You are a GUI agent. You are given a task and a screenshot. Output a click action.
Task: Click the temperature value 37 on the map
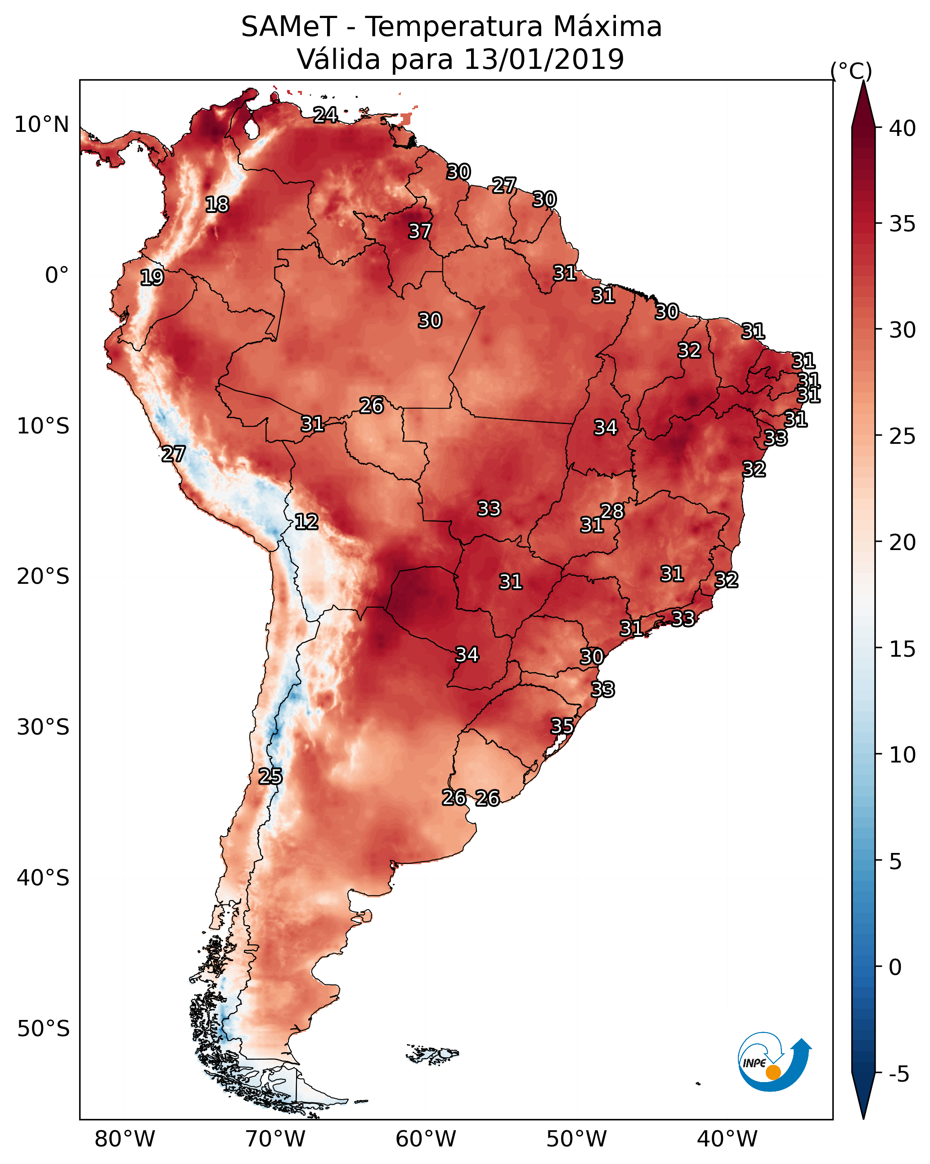coord(419,231)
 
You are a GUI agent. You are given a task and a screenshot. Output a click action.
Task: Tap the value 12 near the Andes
coord(306,522)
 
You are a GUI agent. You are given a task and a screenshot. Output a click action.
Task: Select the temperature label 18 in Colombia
coord(217,205)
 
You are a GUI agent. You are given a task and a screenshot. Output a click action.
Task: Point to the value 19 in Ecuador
coord(152,278)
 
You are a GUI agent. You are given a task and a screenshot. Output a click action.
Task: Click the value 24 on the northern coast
coord(325,115)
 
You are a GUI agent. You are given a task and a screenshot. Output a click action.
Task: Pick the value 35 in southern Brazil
coord(562,726)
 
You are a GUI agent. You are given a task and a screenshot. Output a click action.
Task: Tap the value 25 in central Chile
coord(270,776)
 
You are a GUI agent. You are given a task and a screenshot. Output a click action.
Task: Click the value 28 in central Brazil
coord(612,511)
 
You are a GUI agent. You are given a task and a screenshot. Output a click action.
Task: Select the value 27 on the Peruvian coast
coord(173,454)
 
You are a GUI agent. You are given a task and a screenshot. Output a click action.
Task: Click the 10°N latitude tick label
coord(41,125)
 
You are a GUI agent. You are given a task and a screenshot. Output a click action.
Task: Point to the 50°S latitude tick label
coord(43,1029)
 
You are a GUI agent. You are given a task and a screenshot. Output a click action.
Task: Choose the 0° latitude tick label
coord(57,275)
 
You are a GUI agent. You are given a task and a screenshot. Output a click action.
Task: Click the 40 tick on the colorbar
coord(903,128)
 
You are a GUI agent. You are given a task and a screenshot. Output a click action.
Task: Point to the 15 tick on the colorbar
coord(903,649)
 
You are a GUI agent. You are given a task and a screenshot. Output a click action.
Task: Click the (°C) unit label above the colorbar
coord(851,71)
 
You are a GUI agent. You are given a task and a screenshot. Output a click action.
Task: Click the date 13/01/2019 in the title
coord(544,59)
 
